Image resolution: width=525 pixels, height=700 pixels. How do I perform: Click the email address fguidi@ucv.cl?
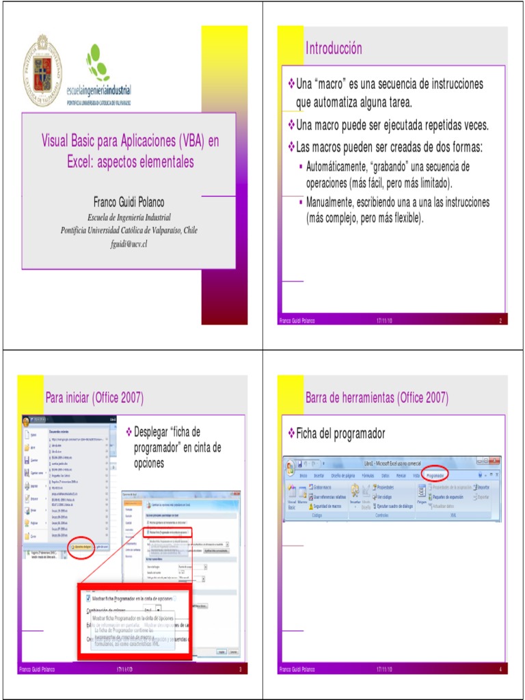129,243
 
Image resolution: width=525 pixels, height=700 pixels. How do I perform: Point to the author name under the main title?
129,202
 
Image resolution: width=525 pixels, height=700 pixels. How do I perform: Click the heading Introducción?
334,49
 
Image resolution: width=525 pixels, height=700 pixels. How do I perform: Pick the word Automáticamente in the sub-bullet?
338,167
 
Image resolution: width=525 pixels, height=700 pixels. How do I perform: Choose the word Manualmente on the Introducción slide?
335,202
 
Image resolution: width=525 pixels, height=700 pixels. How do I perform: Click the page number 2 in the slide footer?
500,321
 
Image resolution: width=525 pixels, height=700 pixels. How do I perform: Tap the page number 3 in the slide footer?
241,669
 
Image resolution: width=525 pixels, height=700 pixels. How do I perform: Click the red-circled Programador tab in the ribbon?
435,475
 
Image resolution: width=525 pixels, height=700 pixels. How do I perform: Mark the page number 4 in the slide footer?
500,669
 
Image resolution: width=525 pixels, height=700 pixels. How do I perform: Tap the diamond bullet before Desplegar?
129,433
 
